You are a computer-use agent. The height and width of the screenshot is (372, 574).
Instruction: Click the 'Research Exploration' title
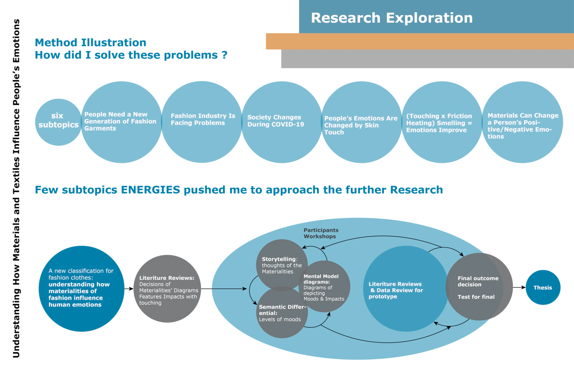391,18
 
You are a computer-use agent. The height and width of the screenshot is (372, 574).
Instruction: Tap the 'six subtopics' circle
58,121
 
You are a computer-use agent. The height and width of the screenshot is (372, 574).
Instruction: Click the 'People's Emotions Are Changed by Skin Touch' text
361,125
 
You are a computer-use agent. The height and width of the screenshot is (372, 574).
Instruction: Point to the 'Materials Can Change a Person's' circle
522,122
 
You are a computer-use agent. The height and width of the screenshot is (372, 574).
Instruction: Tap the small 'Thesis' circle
543,288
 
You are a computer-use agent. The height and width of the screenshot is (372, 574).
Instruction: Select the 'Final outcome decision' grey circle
478,287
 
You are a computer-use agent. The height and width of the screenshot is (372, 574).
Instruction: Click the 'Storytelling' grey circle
281,264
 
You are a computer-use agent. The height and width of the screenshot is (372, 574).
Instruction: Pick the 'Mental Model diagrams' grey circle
324,287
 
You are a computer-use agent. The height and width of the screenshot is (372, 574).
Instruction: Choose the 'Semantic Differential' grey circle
281,313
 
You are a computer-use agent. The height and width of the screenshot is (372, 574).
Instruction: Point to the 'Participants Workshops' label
321,233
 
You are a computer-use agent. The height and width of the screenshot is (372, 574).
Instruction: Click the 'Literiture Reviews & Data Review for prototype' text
396,290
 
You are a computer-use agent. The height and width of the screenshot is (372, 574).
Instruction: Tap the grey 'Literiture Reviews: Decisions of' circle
168,290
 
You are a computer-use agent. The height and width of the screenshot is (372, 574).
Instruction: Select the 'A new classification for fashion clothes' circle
81,288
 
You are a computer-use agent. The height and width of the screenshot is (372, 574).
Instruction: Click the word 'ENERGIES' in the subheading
150,190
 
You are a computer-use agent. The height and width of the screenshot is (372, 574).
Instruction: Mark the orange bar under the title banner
419,41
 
